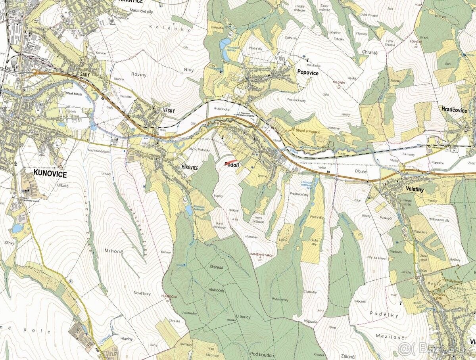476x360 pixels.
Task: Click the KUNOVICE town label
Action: [x=50, y=174]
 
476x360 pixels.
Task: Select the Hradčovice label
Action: [x=454, y=110]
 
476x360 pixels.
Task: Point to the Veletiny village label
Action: [x=415, y=190]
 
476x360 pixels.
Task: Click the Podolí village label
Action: [x=231, y=164]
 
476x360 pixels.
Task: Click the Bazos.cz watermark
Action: [x=436, y=349]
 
